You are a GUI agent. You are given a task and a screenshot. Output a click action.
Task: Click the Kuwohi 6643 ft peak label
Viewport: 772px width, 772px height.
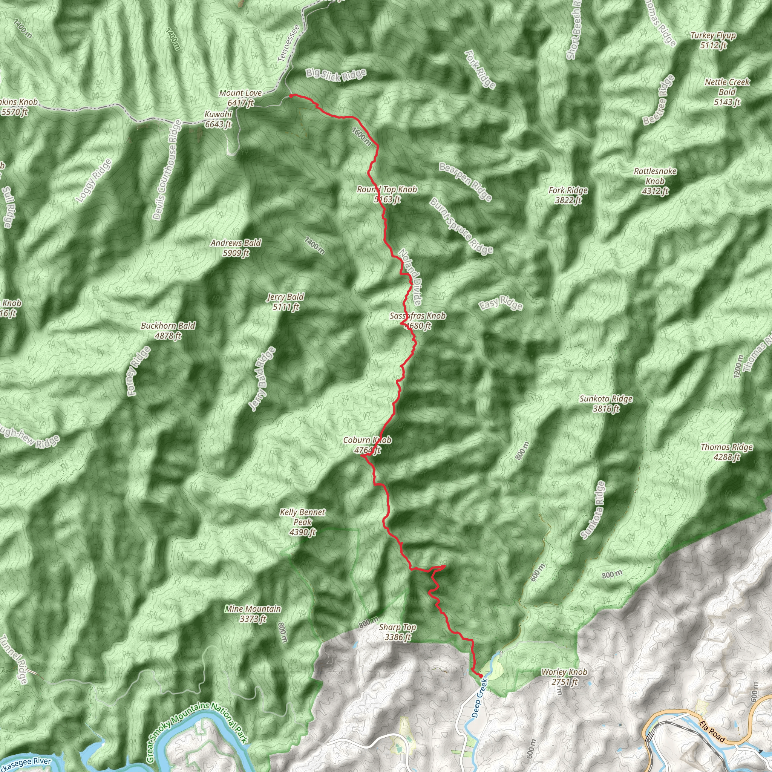tap(218, 119)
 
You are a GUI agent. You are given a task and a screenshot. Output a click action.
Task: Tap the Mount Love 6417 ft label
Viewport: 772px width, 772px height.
tap(240, 98)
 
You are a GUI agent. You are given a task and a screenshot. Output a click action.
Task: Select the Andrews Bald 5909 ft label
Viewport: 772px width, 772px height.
tap(236, 248)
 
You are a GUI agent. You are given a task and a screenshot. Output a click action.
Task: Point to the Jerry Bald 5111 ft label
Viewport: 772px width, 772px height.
tap(286, 302)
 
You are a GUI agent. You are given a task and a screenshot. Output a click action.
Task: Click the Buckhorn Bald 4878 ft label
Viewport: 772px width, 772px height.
tap(168, 331)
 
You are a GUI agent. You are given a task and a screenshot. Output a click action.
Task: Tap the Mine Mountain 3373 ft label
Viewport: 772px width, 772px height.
tap(253, 614)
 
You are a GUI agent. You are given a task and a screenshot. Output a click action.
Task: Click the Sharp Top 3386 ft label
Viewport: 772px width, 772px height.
tap(398, 632)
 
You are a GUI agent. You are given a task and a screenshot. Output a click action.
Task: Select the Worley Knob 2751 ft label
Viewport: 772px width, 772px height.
tap(564, 677)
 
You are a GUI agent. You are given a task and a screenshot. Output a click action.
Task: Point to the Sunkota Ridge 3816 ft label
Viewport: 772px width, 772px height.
tap(606, 403)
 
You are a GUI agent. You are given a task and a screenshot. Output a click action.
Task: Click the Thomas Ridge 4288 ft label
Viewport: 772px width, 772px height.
tap(727, 452)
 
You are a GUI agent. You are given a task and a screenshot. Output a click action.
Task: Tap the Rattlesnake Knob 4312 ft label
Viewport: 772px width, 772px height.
tap(655, 181)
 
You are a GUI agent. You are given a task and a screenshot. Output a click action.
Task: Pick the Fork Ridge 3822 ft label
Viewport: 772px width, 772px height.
tap(568, 195)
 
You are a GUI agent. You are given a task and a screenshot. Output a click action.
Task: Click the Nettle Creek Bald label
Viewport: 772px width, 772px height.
tap(727, 92)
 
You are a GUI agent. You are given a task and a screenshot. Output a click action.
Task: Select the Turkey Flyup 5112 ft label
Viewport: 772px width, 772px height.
tap(713, 40)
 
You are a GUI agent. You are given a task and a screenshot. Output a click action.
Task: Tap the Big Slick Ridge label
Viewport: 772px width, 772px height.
tap(336, 75)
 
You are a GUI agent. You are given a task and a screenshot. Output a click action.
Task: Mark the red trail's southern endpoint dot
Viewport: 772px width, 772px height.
tap(481, 676)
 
